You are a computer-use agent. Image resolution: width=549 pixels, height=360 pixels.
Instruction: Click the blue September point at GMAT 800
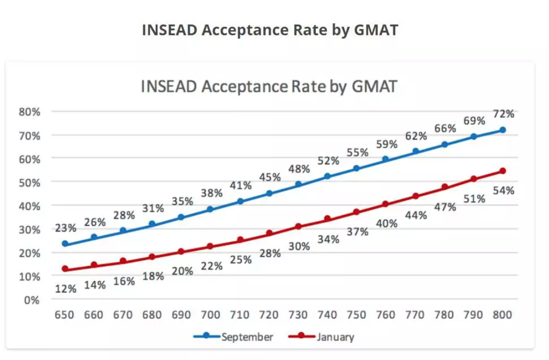[502, 130]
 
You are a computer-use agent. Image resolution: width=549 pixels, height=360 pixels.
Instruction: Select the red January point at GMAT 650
[65, 269]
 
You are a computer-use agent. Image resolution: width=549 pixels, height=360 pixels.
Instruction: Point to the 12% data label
[66, 289]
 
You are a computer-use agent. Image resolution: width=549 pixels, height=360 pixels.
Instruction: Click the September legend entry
[247, 337]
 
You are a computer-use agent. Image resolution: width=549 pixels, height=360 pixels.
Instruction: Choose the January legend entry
[335, 337]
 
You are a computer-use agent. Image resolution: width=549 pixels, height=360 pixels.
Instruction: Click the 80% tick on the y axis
[29, 112]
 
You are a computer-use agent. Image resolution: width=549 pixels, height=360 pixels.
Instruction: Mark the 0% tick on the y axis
[31, 300]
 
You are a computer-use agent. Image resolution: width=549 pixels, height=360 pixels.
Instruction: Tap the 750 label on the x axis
[356, 315]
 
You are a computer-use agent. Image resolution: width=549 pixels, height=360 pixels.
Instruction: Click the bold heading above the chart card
[270, 30]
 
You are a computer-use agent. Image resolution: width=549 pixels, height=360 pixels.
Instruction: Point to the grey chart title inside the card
[269, 86]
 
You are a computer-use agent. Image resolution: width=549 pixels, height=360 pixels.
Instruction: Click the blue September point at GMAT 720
[269, 193]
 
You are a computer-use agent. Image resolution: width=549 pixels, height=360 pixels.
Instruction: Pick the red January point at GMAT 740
[328, 219]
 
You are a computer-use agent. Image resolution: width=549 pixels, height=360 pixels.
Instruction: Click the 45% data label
[270, 177]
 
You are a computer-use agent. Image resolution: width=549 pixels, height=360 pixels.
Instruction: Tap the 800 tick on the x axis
[502, 315]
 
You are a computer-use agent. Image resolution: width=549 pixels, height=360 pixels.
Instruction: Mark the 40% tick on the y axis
[29, 206]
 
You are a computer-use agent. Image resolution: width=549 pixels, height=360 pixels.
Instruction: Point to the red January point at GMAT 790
[473, 179]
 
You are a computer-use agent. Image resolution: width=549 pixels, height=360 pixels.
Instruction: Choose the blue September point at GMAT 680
[152, 224]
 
